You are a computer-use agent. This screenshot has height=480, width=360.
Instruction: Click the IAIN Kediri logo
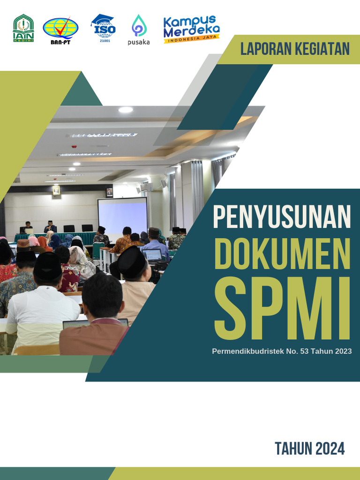pos(23,28)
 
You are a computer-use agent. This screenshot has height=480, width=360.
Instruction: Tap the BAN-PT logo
pos(60,30)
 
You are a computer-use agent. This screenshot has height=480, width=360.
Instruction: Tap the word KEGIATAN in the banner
pos(323,49)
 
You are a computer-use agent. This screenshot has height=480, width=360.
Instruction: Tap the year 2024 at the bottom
pos(330,449)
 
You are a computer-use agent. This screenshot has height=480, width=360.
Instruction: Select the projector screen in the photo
pos(122,215)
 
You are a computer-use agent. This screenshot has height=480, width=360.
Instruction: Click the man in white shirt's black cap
pos(48,265)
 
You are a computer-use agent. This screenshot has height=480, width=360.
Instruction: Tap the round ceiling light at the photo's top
pos(126,110)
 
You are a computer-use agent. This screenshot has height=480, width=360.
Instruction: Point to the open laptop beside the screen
pos(152,255)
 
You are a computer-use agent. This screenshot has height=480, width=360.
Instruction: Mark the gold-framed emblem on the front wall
pos(56,190)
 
